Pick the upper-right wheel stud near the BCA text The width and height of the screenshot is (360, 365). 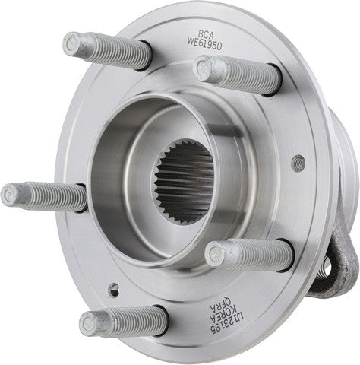pos(235,75)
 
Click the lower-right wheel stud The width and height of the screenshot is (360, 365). pos(247,255)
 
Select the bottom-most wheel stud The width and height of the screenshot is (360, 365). pos(122,320)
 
